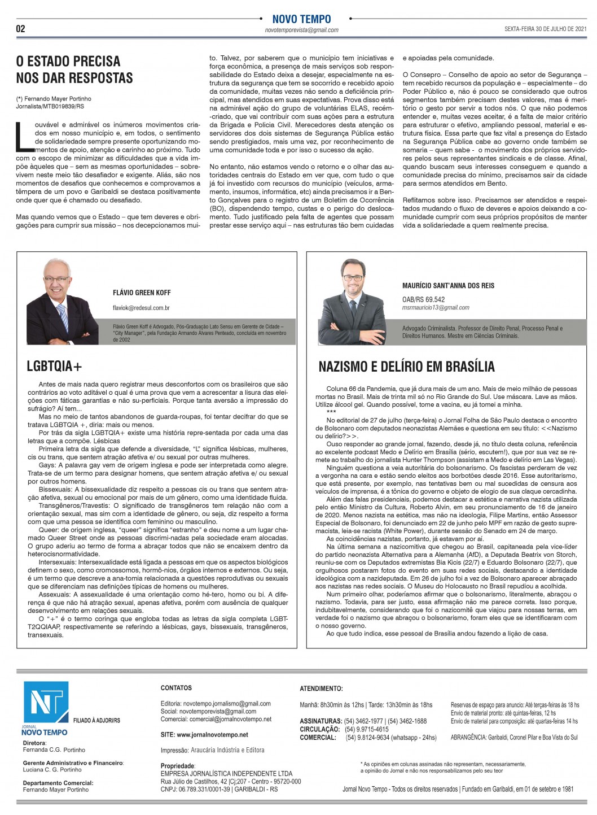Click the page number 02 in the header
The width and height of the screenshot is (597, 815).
tap(21, 29)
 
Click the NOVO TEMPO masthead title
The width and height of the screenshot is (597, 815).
tap(301, 19)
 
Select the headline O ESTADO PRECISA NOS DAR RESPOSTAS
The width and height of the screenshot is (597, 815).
tap(74, 69)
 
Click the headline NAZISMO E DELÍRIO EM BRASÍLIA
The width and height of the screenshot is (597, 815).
tap(406, 367)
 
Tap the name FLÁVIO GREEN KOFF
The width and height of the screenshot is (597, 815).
tap(142, 293)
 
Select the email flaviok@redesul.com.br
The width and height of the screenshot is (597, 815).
tap(141, 308)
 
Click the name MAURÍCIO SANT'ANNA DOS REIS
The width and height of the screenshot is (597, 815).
tap(448, 285)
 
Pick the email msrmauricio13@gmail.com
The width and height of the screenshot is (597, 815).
tap(436, 308)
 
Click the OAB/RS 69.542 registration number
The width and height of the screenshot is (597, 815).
tap(423, 299)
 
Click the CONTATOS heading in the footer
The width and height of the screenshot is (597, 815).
tap(176, 688)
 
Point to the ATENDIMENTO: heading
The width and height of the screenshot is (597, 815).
tap(321, 688)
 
